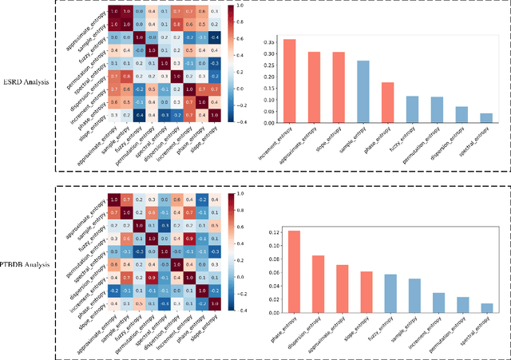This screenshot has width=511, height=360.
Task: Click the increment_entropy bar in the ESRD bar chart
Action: coord(291,81)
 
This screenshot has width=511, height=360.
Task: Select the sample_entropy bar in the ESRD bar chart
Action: coord(362,92)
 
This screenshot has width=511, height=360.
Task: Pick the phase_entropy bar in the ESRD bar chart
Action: coord(386,103)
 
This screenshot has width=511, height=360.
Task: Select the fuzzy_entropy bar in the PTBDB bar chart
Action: coord(390,299)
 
